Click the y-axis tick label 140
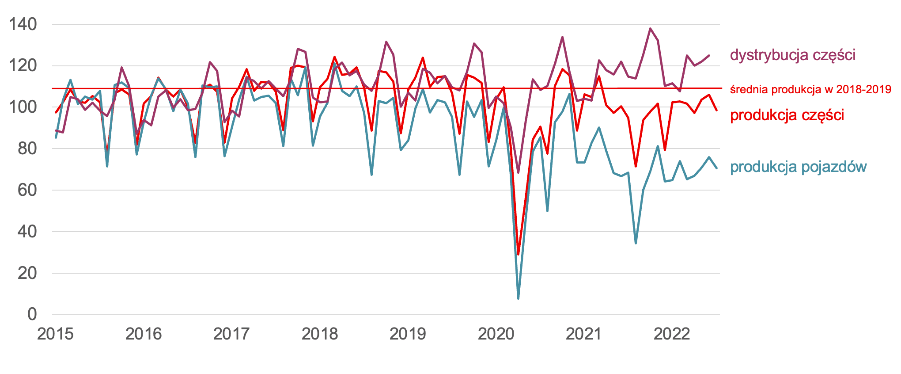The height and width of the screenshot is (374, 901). click(x=23, y=24)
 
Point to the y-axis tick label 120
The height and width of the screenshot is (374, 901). click(x=23, y=66)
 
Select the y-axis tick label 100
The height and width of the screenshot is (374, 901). click(x=23, y=107)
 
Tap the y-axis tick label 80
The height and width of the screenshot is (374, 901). click(x=27, y=149)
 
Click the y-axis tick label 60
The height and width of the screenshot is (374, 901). click(x=27, y=190)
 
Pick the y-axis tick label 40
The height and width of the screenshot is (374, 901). click(x=27, y=231)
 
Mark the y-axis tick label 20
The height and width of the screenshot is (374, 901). click(x=27, y=273)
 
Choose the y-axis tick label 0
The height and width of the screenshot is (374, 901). click(x=32, y=314)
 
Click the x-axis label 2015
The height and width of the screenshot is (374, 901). click(x=55, y=334)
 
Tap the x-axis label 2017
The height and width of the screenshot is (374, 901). click(x=231, y=334)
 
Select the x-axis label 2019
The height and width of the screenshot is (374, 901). click(x=408, y=334)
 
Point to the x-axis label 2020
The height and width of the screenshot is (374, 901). click(x=496, y=334)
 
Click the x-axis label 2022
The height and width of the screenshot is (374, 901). click(x=672, y=334)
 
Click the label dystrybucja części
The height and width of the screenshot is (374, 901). click(x=793, y=55)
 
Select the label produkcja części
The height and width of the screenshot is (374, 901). click(x=787, y=115)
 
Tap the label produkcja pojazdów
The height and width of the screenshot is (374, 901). click(x=799, y=167)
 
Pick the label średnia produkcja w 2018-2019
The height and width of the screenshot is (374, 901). click(x=810, y=89)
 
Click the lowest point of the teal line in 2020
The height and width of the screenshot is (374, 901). click(x=518, y=298)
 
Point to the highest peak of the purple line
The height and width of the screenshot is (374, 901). click(x=650, y=29)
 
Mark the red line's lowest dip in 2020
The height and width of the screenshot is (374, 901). click(x=518, y=254)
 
